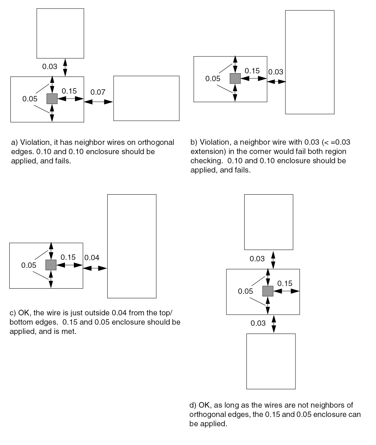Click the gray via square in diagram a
click(x=52, y=98)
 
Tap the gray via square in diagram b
click(x=235, y=78)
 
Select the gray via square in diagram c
click(x=51, y=265)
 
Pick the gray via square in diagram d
click(x=268, y=291)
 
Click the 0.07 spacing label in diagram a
click(x=98, y=92)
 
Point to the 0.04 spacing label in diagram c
click(x=92, y=258)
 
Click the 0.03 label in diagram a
click(x=50, y=67)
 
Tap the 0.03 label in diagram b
click(x=275, y=72)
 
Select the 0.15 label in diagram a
click(x=69, y=91)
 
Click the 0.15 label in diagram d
click(x=285, y=283)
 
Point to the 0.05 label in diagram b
click(x=213, y=79)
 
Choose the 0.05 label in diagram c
click(x=29, y=265)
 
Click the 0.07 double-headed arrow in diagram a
click(x=98, y=101)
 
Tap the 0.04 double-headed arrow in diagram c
click(x=95, y=268)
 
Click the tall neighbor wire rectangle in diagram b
click(x=310, y=62)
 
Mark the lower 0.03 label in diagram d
click(x=258, y=323)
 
